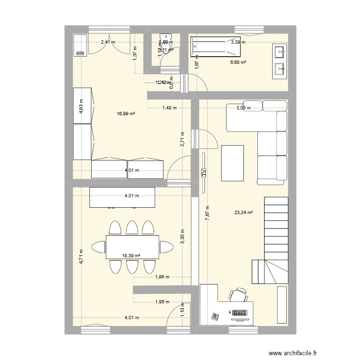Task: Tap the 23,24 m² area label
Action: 243,213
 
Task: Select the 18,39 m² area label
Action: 131,256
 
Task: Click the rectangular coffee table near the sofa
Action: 232,163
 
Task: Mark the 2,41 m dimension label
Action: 108,42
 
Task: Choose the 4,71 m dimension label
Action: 81,257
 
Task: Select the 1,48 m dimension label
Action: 169,108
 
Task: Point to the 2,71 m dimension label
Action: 182,140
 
